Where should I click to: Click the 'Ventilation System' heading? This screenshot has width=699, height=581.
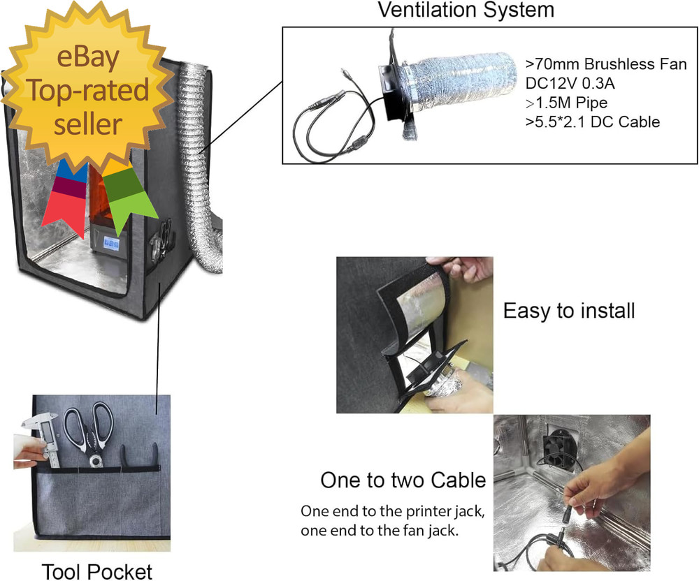(x=466, y=10)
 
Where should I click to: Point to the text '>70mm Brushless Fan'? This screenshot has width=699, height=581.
(x=606, y=65)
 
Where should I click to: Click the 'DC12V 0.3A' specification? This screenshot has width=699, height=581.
(x=569, y=84)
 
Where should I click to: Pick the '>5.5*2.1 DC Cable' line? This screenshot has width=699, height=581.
(x=592, y=123)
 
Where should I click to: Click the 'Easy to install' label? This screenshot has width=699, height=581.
(x=569, y=311)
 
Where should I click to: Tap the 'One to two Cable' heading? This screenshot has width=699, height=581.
(x=403, y=480)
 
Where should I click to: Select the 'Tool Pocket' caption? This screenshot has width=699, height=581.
(x=97, y=571)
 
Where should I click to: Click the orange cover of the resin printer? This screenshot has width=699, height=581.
(x=97, y=196)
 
